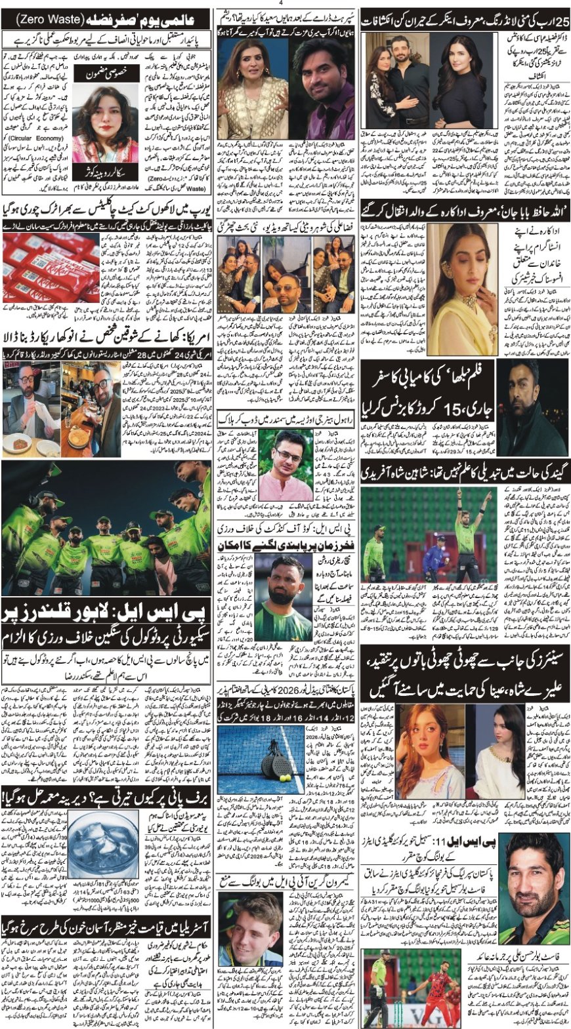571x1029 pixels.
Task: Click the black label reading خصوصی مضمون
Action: pyautogui.click(x=106, y=77)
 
